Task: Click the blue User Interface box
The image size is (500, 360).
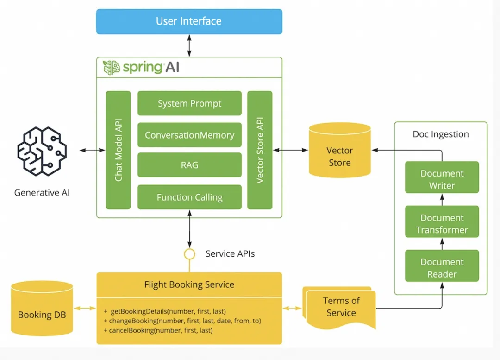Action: (x=189, y=21)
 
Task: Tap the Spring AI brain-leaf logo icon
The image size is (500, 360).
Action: (x=111, y=68)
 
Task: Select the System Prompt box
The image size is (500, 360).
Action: (x=189, y=103)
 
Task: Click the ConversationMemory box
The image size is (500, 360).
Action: (x=189, y=135)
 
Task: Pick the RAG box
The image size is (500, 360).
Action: (x=189, y=165)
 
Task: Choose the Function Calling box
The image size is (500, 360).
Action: (x=189, y=197)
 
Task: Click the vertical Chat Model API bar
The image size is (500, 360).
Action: (x=119, y=150)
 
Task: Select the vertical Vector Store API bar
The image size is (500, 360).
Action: (x=260, y=150)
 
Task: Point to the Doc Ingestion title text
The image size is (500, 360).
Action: (x=440, y=134)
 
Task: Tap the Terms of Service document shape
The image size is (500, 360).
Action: (x=341, y=307)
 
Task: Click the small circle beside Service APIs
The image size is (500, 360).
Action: (x=189, y=254)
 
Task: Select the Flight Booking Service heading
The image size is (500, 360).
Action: (x=189, y=284)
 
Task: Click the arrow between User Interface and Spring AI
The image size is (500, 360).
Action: (x=189, y=45)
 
